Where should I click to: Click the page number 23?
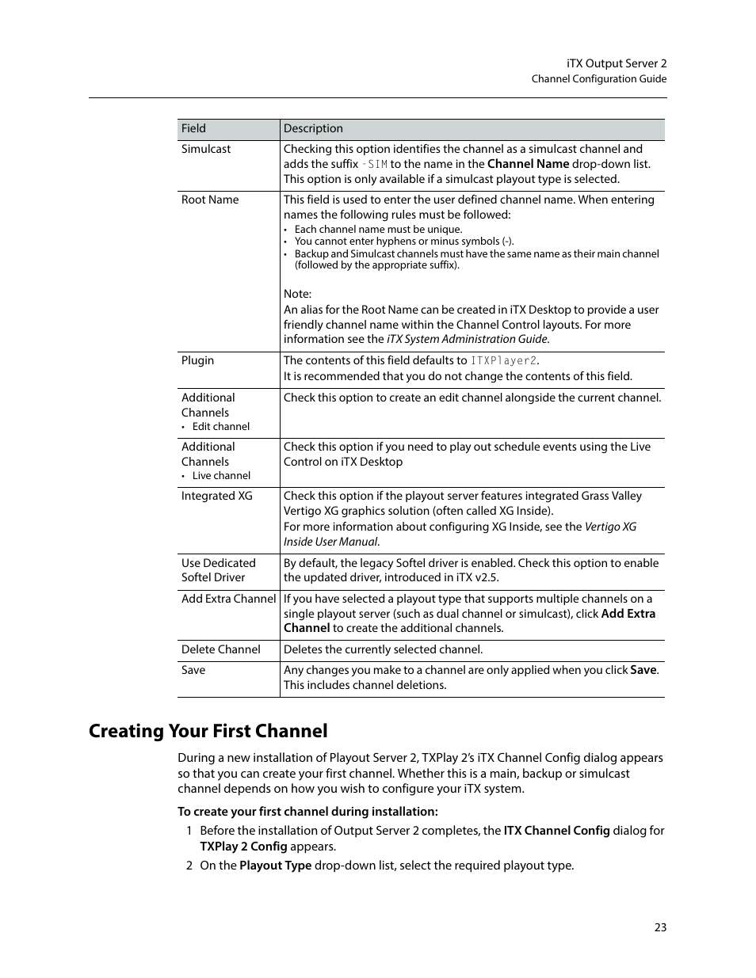(660, 927)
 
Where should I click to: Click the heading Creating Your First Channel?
(208, 731)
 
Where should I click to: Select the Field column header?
(193, 128)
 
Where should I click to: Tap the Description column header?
(313, 128)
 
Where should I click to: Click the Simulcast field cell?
(206, 149)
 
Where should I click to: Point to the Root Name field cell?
(210, 200)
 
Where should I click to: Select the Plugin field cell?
(197, 360)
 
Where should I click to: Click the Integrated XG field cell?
(216, 496)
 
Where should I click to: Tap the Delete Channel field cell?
(220, 649)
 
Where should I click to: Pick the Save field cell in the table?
(193, 670)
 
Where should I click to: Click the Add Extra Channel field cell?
(228, 599)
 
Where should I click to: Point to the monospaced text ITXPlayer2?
(504, 361)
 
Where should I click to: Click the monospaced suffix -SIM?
(374, 165)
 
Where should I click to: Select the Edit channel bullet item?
(220, 426)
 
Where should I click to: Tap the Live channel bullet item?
(221, 475)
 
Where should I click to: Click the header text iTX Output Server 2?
(617, 63)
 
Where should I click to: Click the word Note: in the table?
(298, 294)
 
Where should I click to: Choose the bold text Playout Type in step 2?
(275, 866)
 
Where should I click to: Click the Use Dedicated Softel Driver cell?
(218, 570)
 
